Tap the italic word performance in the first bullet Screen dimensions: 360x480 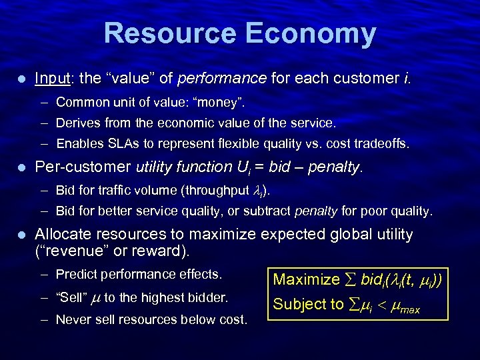point(222,79)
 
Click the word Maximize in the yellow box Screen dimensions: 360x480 point(307,279)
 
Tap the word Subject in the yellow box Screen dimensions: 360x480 point(299,304)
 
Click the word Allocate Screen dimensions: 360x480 point(63,235)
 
